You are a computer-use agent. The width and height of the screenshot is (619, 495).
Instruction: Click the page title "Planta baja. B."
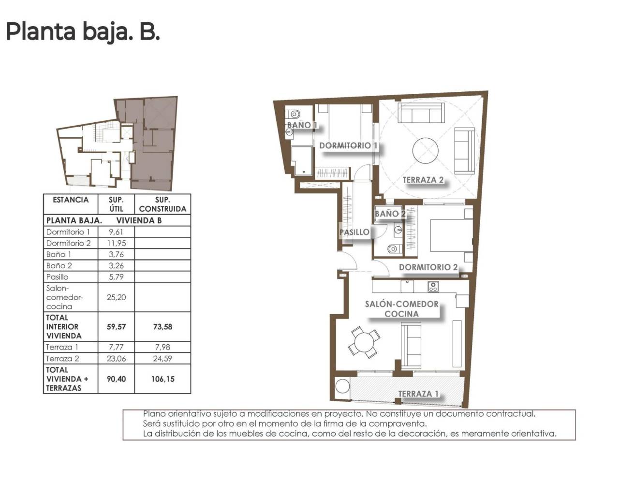[83, 32]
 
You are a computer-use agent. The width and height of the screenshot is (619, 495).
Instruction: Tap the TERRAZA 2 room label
[423, 180]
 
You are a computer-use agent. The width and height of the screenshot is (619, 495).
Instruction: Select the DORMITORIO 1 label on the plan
[348, 145]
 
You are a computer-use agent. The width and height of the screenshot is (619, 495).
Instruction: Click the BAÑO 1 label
[302, 125]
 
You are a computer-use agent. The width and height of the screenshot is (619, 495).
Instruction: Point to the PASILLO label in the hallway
[354, 232]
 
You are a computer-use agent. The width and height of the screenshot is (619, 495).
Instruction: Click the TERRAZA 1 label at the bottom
[418, 393]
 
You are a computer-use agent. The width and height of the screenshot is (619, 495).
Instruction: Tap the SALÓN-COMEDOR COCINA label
[401, 308]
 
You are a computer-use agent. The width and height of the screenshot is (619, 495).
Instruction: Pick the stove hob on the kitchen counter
[433, 287]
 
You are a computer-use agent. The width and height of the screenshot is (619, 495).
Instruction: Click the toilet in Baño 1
[293, 115]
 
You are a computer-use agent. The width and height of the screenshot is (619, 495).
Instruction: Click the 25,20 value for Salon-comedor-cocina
[116, 297]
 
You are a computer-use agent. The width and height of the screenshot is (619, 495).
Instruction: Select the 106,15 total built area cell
[162, 379]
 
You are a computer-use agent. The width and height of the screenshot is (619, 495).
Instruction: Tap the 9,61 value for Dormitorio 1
[116, 232]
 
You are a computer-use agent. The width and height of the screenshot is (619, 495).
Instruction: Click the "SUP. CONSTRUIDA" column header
[162, 204]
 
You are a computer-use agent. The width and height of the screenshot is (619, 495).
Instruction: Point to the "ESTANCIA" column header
[71, 200]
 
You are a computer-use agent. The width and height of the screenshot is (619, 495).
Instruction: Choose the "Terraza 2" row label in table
[62, 359]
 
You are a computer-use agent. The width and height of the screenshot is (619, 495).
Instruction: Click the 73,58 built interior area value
[162, 327]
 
